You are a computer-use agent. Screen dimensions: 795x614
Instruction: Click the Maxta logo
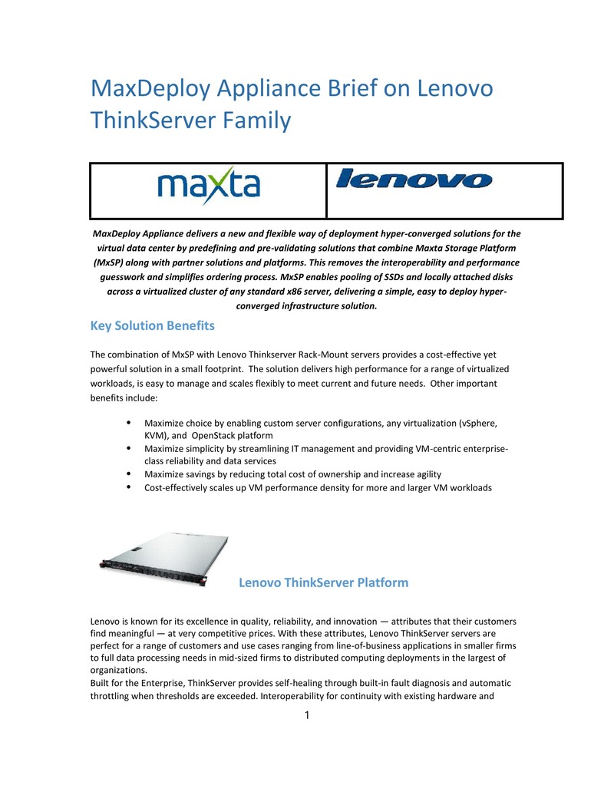click(x=208, y=186)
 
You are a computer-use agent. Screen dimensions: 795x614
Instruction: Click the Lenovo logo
click(x=414, y=180)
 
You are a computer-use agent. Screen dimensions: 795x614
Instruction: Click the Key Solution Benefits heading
click(x=152, y=325)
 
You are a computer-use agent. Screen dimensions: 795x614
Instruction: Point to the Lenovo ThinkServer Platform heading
click(x=323, y=582)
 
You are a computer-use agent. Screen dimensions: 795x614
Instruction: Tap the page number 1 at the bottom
click(x=307, y=716)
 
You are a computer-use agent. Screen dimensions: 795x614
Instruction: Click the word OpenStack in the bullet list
click(x=227, y=434)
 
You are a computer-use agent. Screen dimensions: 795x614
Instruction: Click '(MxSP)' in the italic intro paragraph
click(x=108, y=262)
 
